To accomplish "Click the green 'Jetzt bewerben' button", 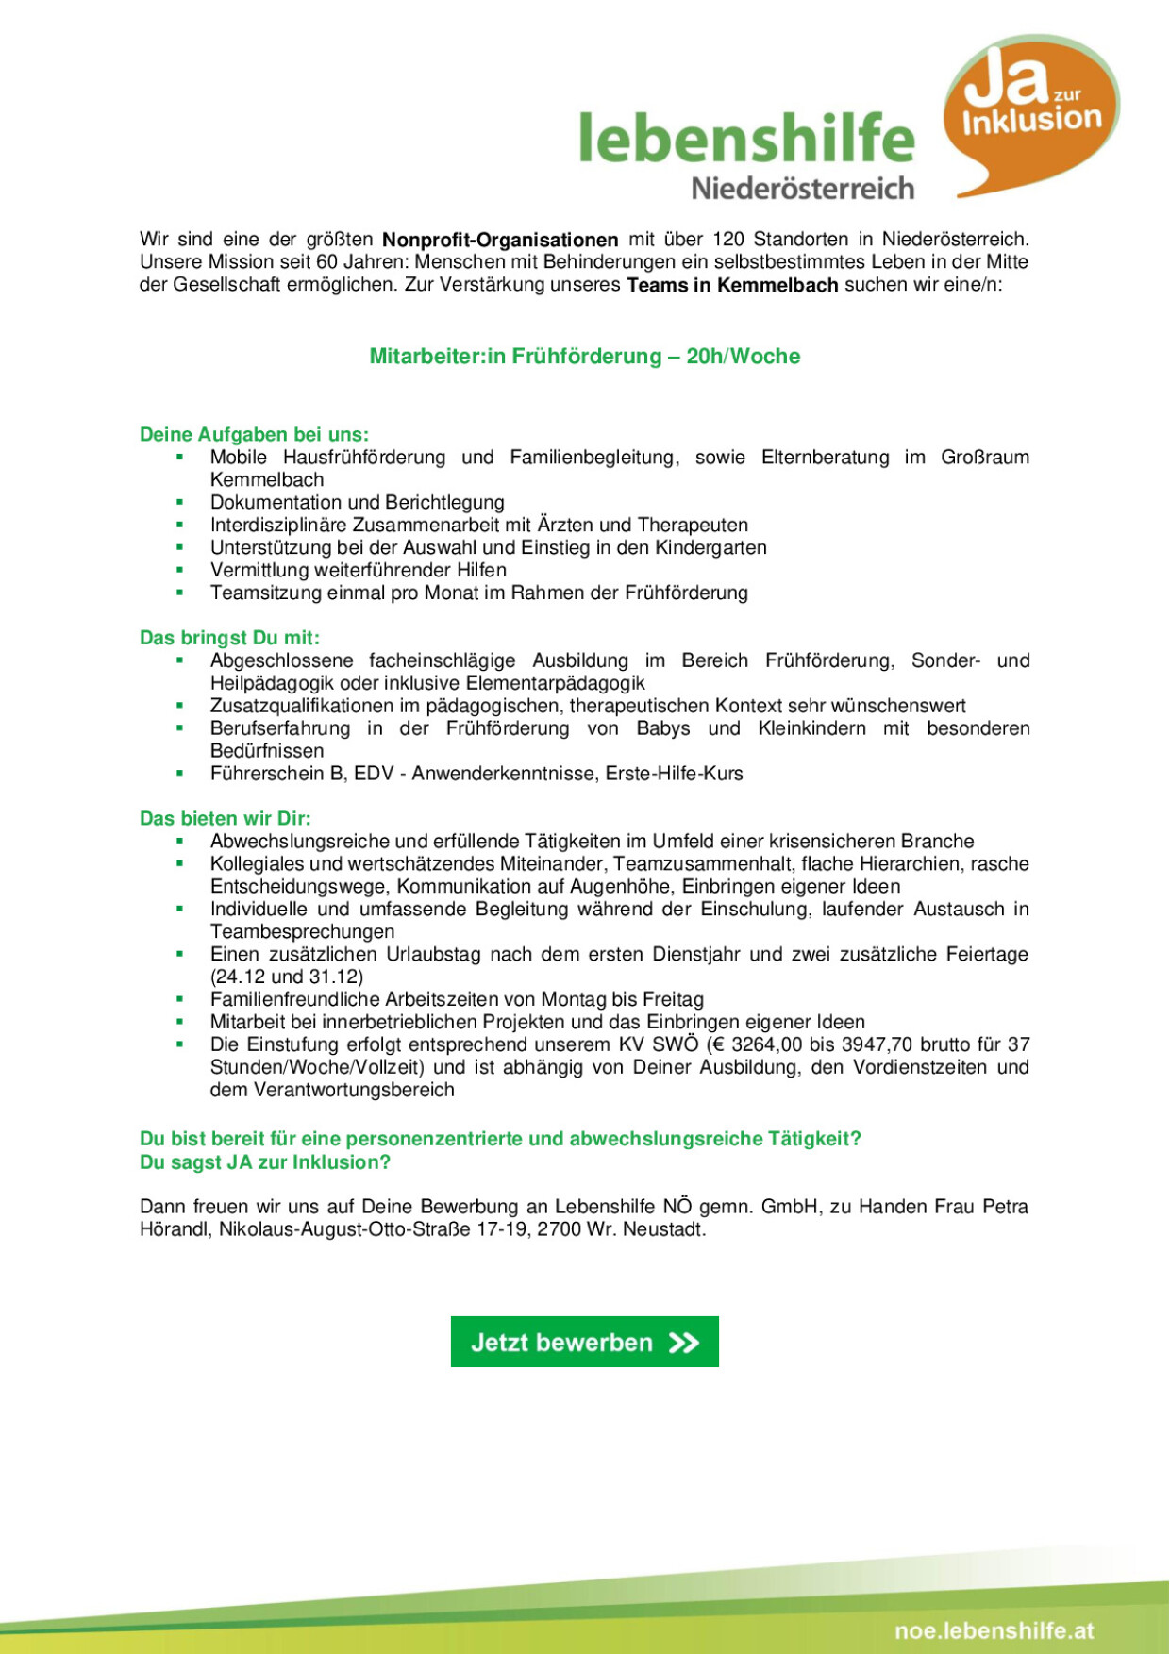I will (584, 1342).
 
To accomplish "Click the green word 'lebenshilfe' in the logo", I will (746, 138).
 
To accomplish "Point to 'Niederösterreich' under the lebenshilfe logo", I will (803, 189).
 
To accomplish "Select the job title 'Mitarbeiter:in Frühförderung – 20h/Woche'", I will (584, 357).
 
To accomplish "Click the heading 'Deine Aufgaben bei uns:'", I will (254, 435).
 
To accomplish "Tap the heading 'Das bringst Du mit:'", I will (229, 638).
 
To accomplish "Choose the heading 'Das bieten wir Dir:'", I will (225, 818).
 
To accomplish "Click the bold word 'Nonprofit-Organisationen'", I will (500, 240).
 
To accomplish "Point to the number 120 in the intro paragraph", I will (728, 240).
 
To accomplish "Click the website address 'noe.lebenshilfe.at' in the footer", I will (994, 1630).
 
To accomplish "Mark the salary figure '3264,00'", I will (764, 1044).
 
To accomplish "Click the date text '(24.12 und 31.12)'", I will (287, 977).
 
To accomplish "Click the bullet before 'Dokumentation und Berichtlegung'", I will (179, 502).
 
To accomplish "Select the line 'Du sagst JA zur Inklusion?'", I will (265, 1162).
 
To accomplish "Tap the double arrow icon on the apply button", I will (684, 1343).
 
